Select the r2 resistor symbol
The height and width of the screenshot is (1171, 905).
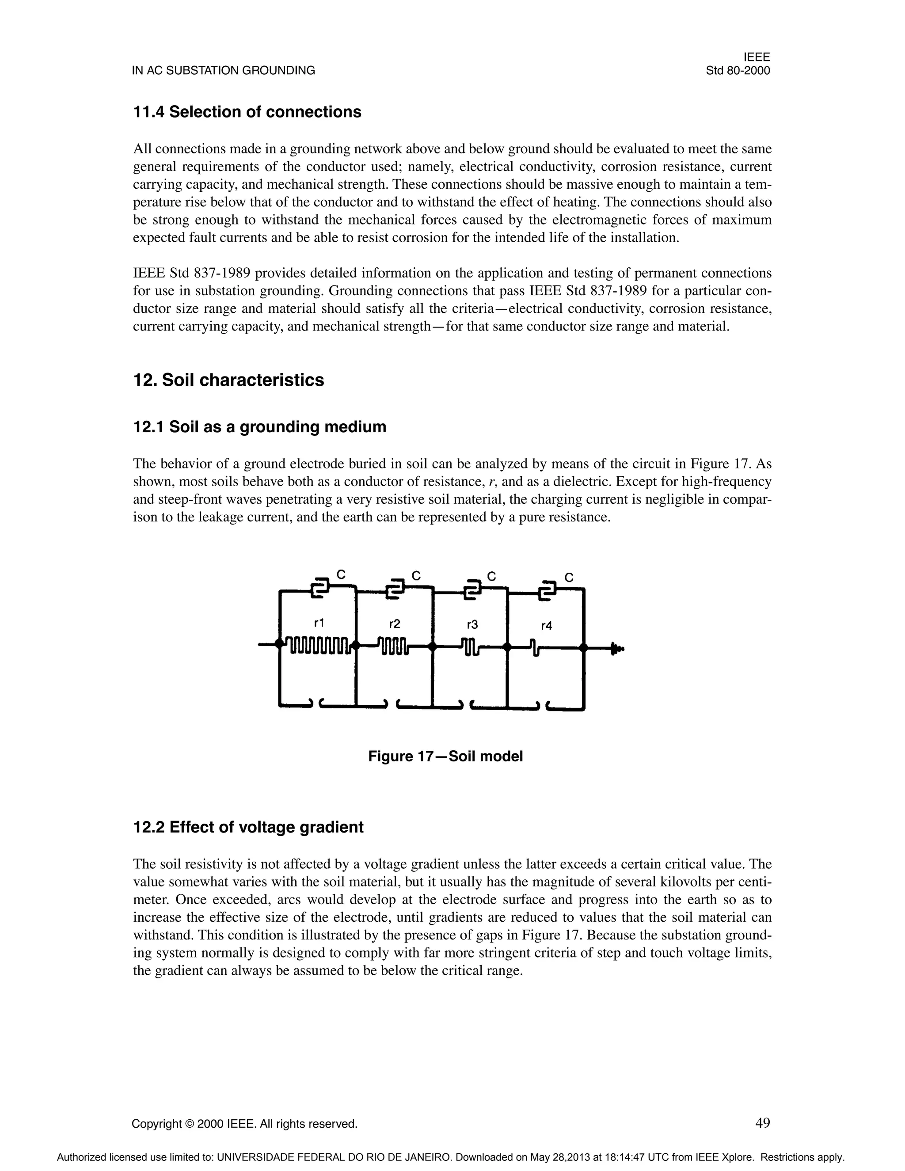(394, 646)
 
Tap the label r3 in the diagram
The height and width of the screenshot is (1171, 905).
(472, 625)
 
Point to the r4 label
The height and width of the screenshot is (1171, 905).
(546, 625)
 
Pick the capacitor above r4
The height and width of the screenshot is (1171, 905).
(548, 591)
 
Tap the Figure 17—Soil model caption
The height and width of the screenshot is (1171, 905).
(445, 757)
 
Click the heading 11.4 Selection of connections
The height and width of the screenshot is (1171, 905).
(247, 112)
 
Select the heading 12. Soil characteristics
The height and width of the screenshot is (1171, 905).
(228, 380)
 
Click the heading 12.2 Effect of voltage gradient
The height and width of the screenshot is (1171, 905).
(248, 827)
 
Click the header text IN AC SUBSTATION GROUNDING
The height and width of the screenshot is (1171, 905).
(224, 71)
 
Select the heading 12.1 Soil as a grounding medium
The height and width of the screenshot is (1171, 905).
(259, 427)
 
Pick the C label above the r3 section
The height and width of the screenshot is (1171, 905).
(491, 576)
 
